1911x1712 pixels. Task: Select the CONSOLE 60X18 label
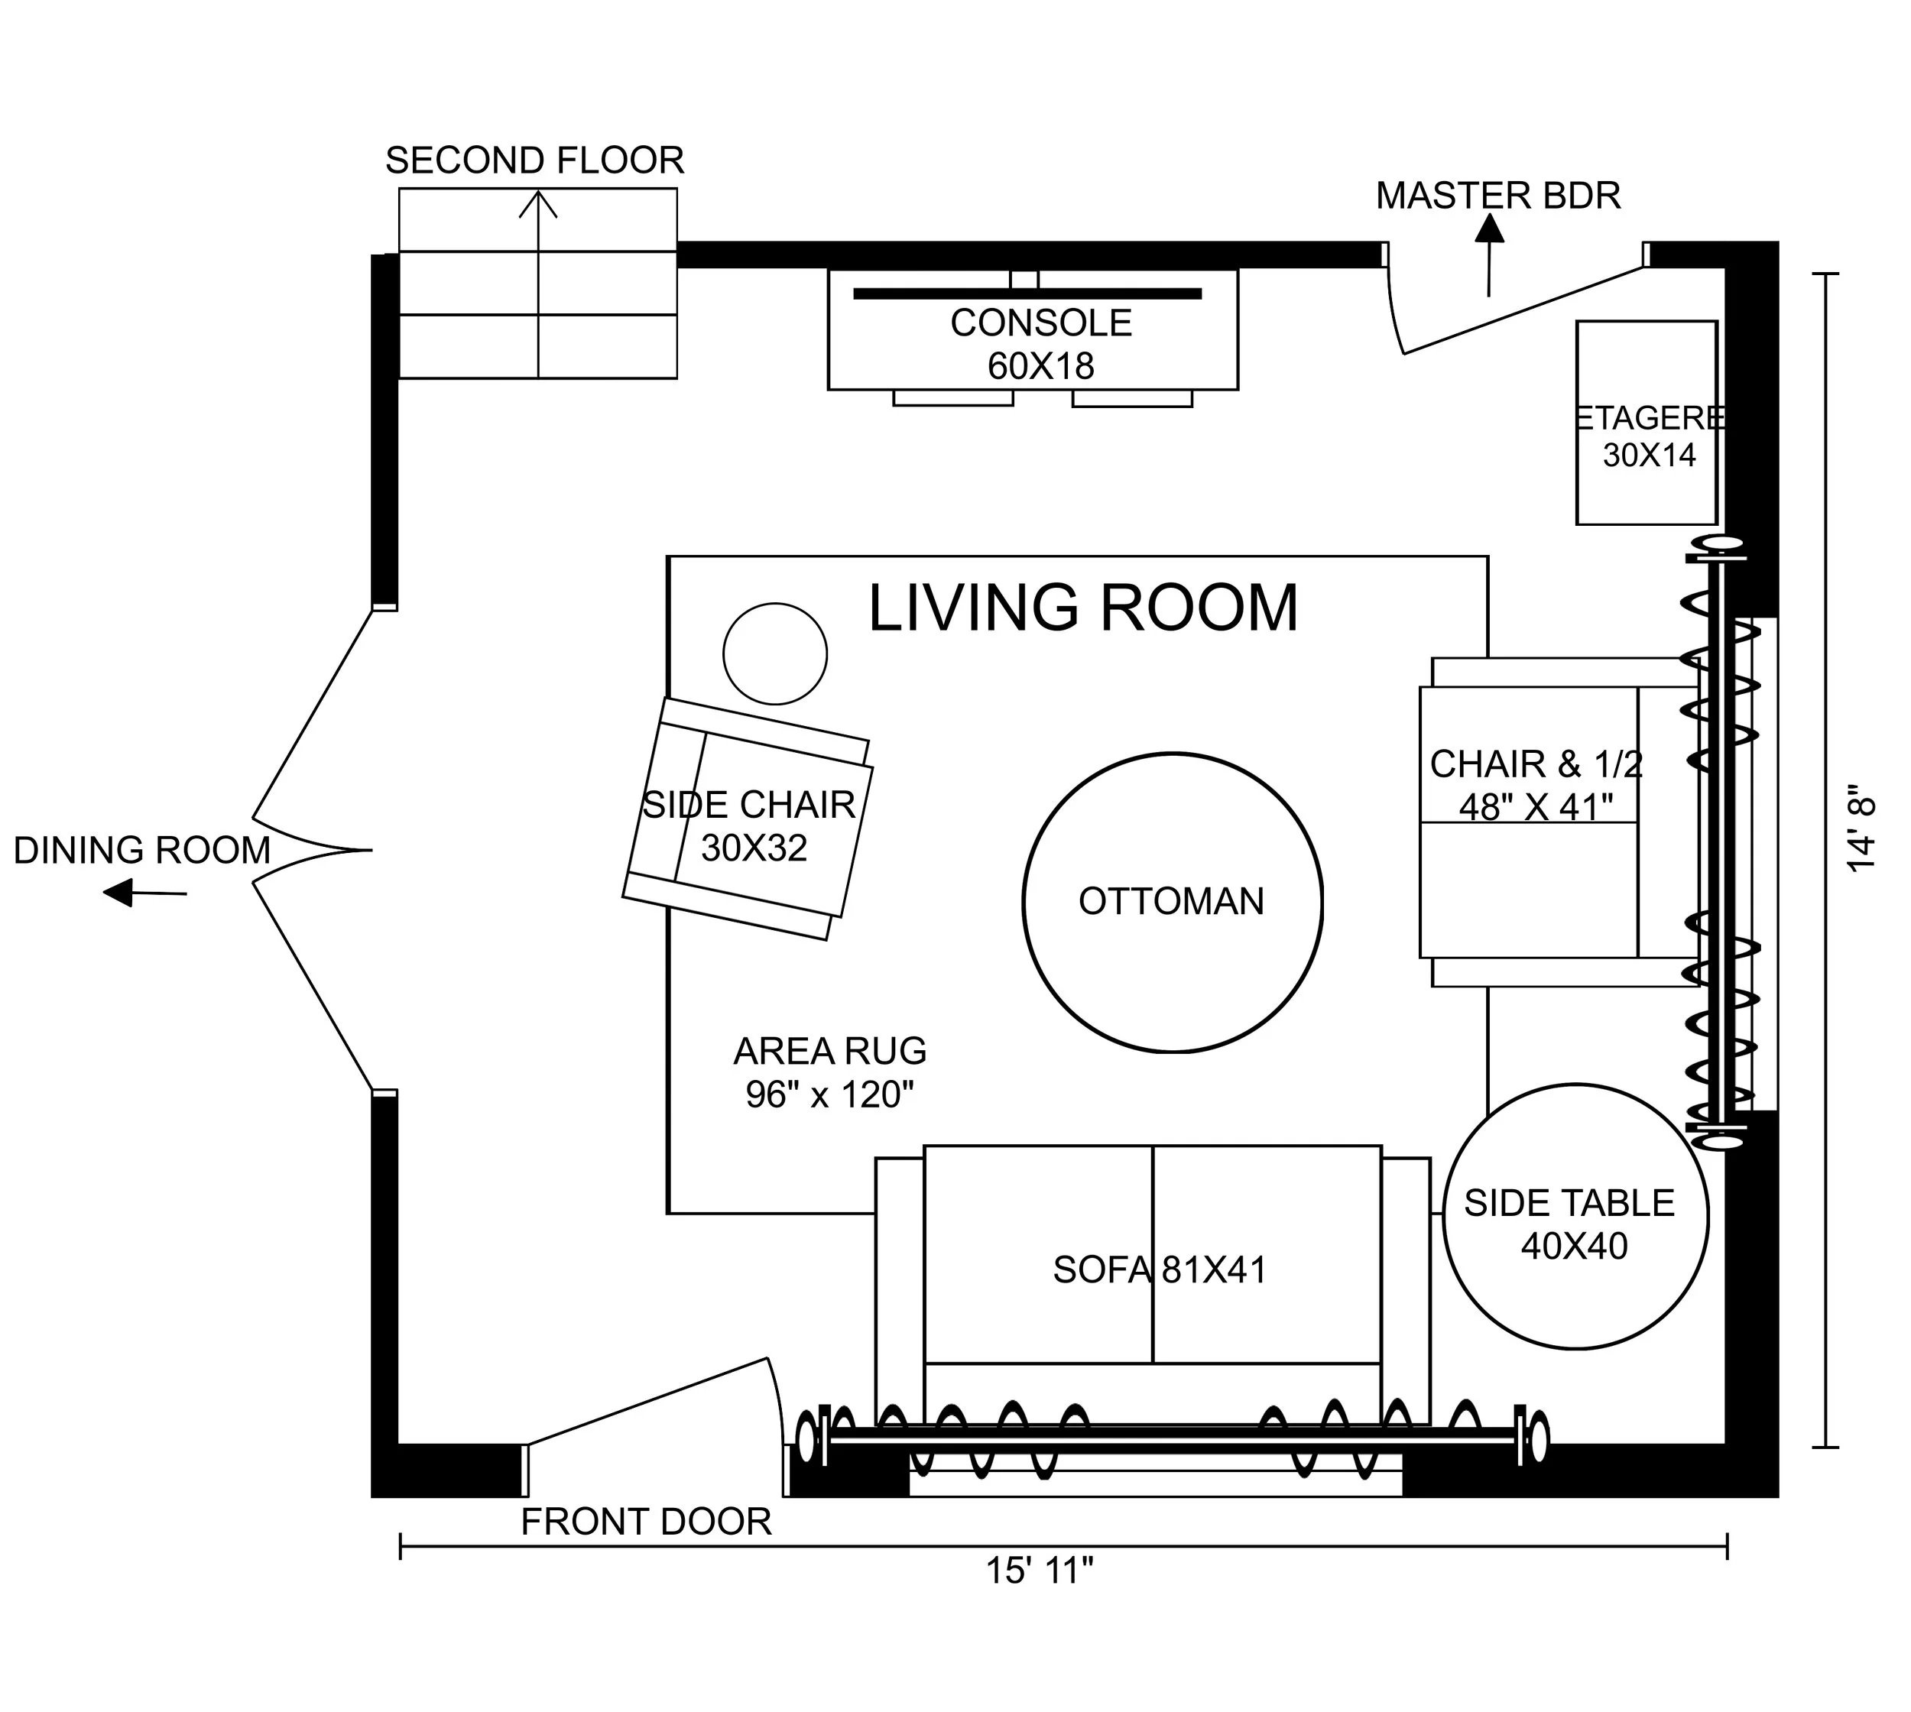tap(1040, 344)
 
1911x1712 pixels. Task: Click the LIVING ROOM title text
tap(1082, 608)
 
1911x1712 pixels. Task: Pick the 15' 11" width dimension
tap(1040, 1570)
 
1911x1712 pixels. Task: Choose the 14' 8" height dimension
tap(1862, 828)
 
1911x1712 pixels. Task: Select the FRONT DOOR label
tap(647, 1522)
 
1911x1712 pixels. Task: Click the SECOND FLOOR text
tap(534, 160)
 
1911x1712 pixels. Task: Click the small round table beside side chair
tap(774, 653)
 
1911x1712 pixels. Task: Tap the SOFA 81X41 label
tap(1159, 1270)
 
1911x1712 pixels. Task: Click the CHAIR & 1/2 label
tap(1536, 784)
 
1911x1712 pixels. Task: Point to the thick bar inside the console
tap(1027, 293)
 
